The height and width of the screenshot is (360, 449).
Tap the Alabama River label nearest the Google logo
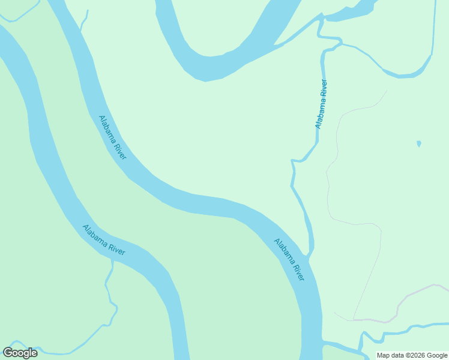104,240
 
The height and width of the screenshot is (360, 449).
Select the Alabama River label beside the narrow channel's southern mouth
289,260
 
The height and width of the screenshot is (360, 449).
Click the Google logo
20,353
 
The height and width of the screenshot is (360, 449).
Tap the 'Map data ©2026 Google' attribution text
412,355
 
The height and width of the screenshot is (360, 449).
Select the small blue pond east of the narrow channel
418,144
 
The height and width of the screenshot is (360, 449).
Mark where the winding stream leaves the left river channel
112,262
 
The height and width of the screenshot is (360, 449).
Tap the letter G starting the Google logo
8,353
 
